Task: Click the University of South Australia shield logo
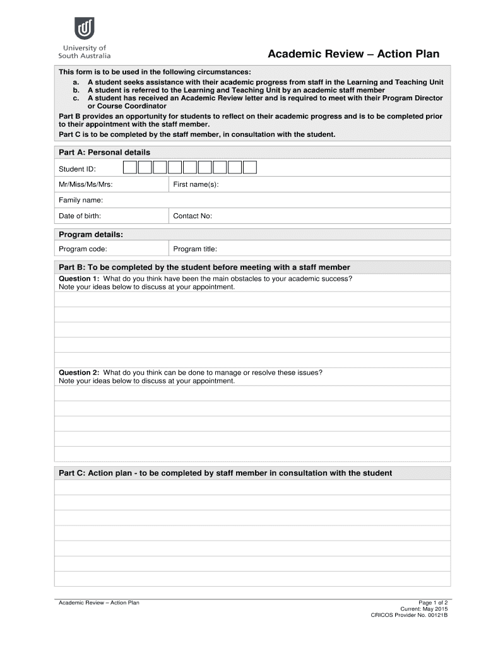[84, 29]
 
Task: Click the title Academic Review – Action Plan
[353, 54]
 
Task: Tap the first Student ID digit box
[129, 167]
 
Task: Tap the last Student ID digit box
[250, 167]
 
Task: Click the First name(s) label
[196, 184]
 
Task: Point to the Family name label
[81, 200]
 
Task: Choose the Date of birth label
[80, 216]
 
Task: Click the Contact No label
[193, 216]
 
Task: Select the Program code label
[83, 249]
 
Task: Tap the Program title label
[195, 249]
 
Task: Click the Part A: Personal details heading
[104, 152]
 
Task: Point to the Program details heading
[91, 235]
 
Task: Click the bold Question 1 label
[79, 279]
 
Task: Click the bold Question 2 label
[79, 373]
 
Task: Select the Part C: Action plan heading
[225, 473]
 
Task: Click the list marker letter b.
[76, 90]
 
